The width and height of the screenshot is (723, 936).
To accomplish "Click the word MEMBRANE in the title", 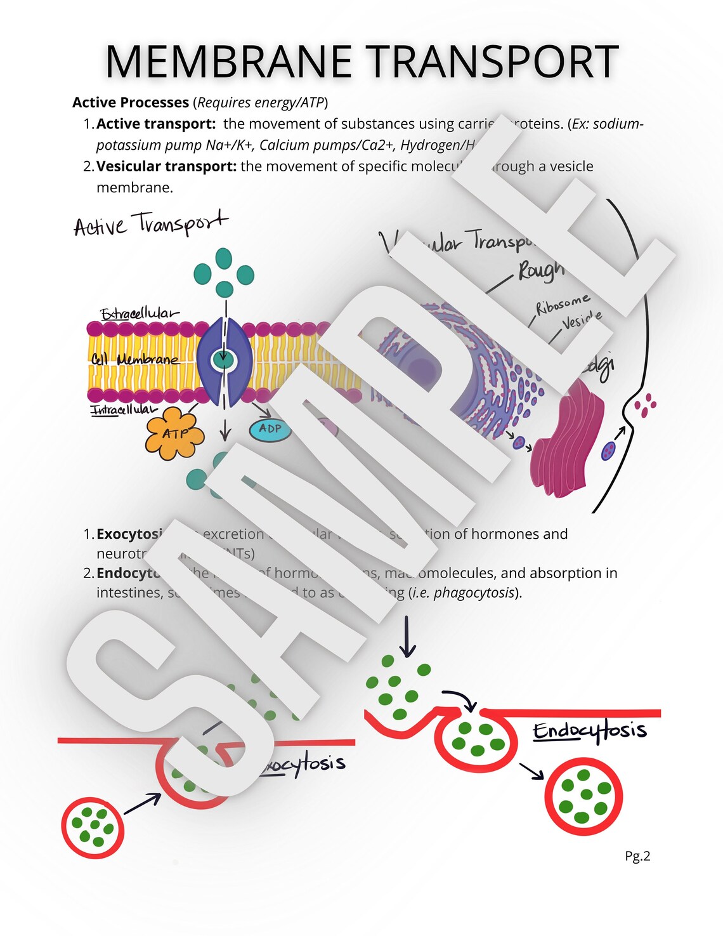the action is click(x=228, y=62).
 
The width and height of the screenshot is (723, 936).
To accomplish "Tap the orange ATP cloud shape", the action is click(x=174, y=433).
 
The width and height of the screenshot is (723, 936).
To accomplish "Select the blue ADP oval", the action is click(x=270, y=429).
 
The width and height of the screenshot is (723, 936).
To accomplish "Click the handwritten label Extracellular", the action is click(x=139, y=313).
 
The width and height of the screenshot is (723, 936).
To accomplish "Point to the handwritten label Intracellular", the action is click(x=123, y=410).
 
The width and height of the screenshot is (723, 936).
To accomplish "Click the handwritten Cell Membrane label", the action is click(x=134, y=359).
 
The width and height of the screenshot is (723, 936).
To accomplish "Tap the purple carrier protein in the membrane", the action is click(x=224, y=362).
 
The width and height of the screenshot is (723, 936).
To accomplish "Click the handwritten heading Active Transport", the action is click(x=150, y=224).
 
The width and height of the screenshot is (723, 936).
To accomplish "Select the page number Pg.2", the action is click(x=637, y=856).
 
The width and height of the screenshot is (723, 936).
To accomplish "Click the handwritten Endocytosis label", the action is click(x=589, y=731).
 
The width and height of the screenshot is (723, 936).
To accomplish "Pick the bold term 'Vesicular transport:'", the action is click(x=166, y=166).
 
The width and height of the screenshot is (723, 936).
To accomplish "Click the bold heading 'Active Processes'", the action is click(x=131, y=102).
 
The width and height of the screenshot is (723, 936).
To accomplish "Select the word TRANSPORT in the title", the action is click(x=493, y=62).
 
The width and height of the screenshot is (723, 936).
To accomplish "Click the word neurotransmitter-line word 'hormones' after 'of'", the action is click(x=496, y=534).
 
